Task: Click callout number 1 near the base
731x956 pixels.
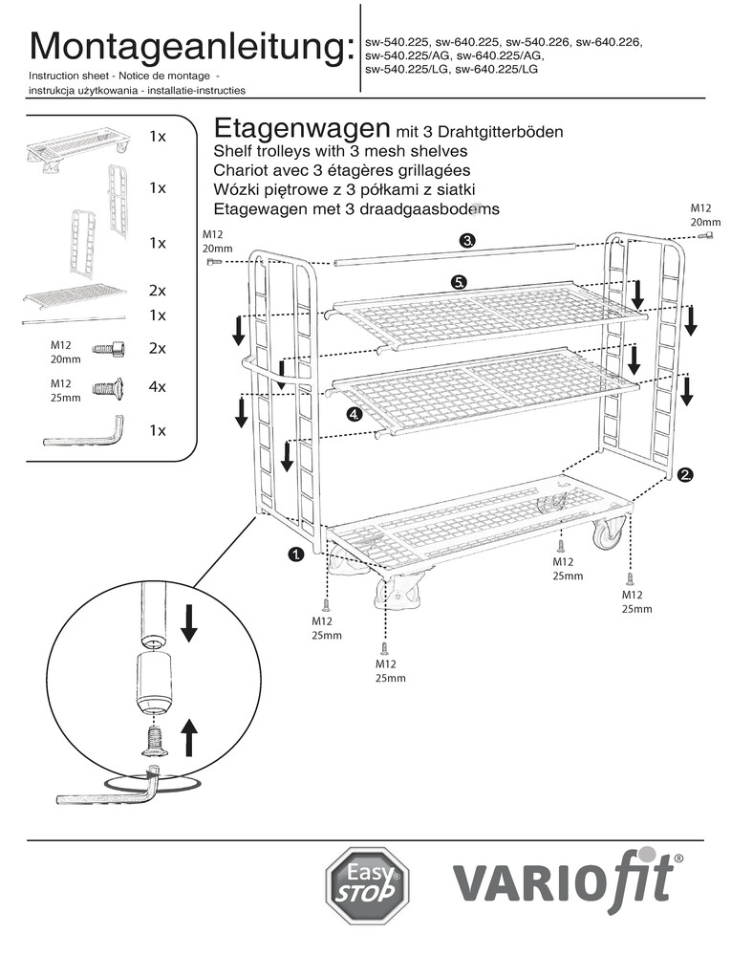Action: pos(296,554)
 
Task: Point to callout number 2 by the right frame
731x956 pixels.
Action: pos(685,474)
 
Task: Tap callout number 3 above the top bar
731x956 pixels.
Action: pos(467,240)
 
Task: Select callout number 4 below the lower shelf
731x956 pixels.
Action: pos(355,414)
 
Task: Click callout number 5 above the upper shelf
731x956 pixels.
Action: pos(460,282)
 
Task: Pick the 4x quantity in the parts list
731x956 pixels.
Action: pos(158,388)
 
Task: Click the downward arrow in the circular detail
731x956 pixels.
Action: pos(188,621)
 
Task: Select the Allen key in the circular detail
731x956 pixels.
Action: pos(105,791)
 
